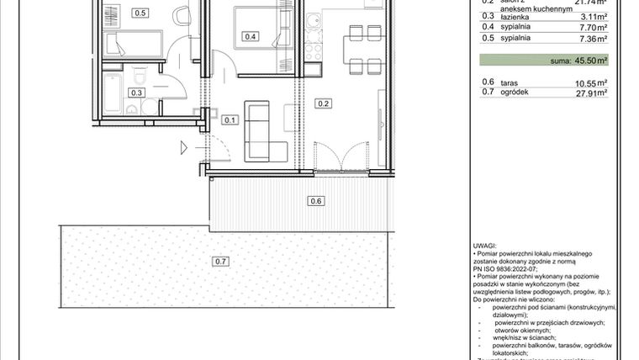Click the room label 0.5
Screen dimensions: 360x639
140,13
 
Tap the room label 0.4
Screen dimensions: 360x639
250,36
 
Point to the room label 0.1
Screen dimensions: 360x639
230,119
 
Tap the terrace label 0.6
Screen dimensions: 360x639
316,200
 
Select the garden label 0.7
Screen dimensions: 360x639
220,262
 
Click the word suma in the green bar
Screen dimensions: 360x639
560,61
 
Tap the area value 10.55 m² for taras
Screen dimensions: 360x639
590,82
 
